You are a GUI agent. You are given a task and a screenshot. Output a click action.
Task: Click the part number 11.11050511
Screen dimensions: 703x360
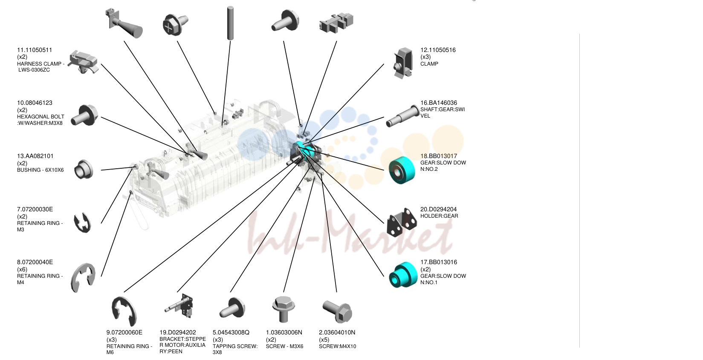[x=35, y=50]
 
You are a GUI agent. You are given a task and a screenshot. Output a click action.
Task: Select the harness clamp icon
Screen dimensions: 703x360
[x=84, y=62]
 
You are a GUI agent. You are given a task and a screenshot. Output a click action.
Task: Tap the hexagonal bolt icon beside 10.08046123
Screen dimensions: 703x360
[x=84, y=115]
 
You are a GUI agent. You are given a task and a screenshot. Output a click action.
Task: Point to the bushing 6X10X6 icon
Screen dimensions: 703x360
[x=84, y=169]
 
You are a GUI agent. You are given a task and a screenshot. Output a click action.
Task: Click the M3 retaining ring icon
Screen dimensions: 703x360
[x=82, y=223]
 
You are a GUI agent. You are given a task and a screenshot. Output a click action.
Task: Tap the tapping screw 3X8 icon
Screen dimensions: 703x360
[x=232, y=308]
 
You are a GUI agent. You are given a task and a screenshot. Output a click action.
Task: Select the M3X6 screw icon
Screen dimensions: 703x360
[x=284, y=309]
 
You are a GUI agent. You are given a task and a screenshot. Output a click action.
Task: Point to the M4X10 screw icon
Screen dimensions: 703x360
[x=337, y=312]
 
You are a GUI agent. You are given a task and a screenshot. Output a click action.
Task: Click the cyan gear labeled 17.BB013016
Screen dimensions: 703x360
[x=403, y=275]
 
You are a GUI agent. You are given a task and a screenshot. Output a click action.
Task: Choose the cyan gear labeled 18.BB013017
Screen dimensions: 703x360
[x=402, y=170]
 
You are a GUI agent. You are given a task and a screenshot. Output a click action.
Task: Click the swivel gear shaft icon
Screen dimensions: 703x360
[x=402, y=116]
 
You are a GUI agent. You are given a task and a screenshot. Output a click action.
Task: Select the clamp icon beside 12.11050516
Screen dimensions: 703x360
[x=403, y=63]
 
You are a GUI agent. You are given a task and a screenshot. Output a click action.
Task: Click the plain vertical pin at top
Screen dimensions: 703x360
[x=230, y=23]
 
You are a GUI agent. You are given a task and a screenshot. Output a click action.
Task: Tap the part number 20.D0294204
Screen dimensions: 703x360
[x=438, y=209]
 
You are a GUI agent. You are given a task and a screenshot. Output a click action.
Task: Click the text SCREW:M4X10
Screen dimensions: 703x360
[x=337, y=346]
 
